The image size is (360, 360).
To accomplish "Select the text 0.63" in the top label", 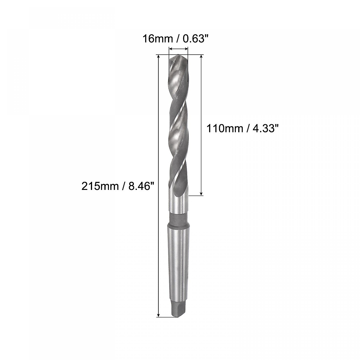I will click(196, 39).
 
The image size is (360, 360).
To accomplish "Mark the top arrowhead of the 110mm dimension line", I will click(201, 57).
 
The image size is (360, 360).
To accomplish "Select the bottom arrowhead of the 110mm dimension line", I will click(201, 193).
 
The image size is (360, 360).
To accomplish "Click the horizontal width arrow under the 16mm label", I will click(178, 49).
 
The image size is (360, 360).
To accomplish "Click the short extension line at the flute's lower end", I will click(196, 196).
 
